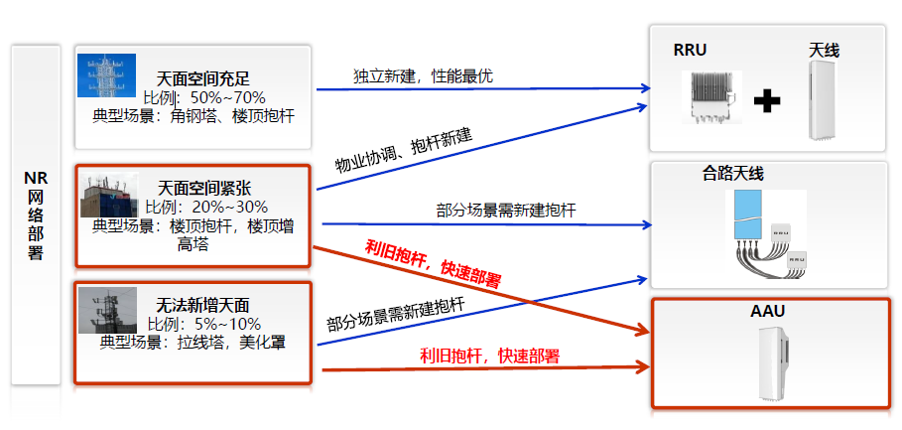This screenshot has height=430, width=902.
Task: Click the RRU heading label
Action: coord(690,50)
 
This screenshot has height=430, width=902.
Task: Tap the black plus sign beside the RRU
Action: coord(766,100)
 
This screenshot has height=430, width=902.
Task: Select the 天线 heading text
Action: coord(824,50)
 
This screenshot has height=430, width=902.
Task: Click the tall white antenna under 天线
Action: coord(824,99)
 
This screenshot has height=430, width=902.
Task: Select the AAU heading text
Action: coord(767,312)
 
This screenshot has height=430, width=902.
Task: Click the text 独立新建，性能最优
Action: coord(423,76)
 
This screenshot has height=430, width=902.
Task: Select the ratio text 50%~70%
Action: coord(227,97)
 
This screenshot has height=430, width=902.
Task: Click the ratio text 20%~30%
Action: coord(231,207)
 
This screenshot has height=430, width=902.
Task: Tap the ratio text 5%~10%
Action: coord(227,324)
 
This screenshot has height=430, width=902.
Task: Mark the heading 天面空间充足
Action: coord(203,77)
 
